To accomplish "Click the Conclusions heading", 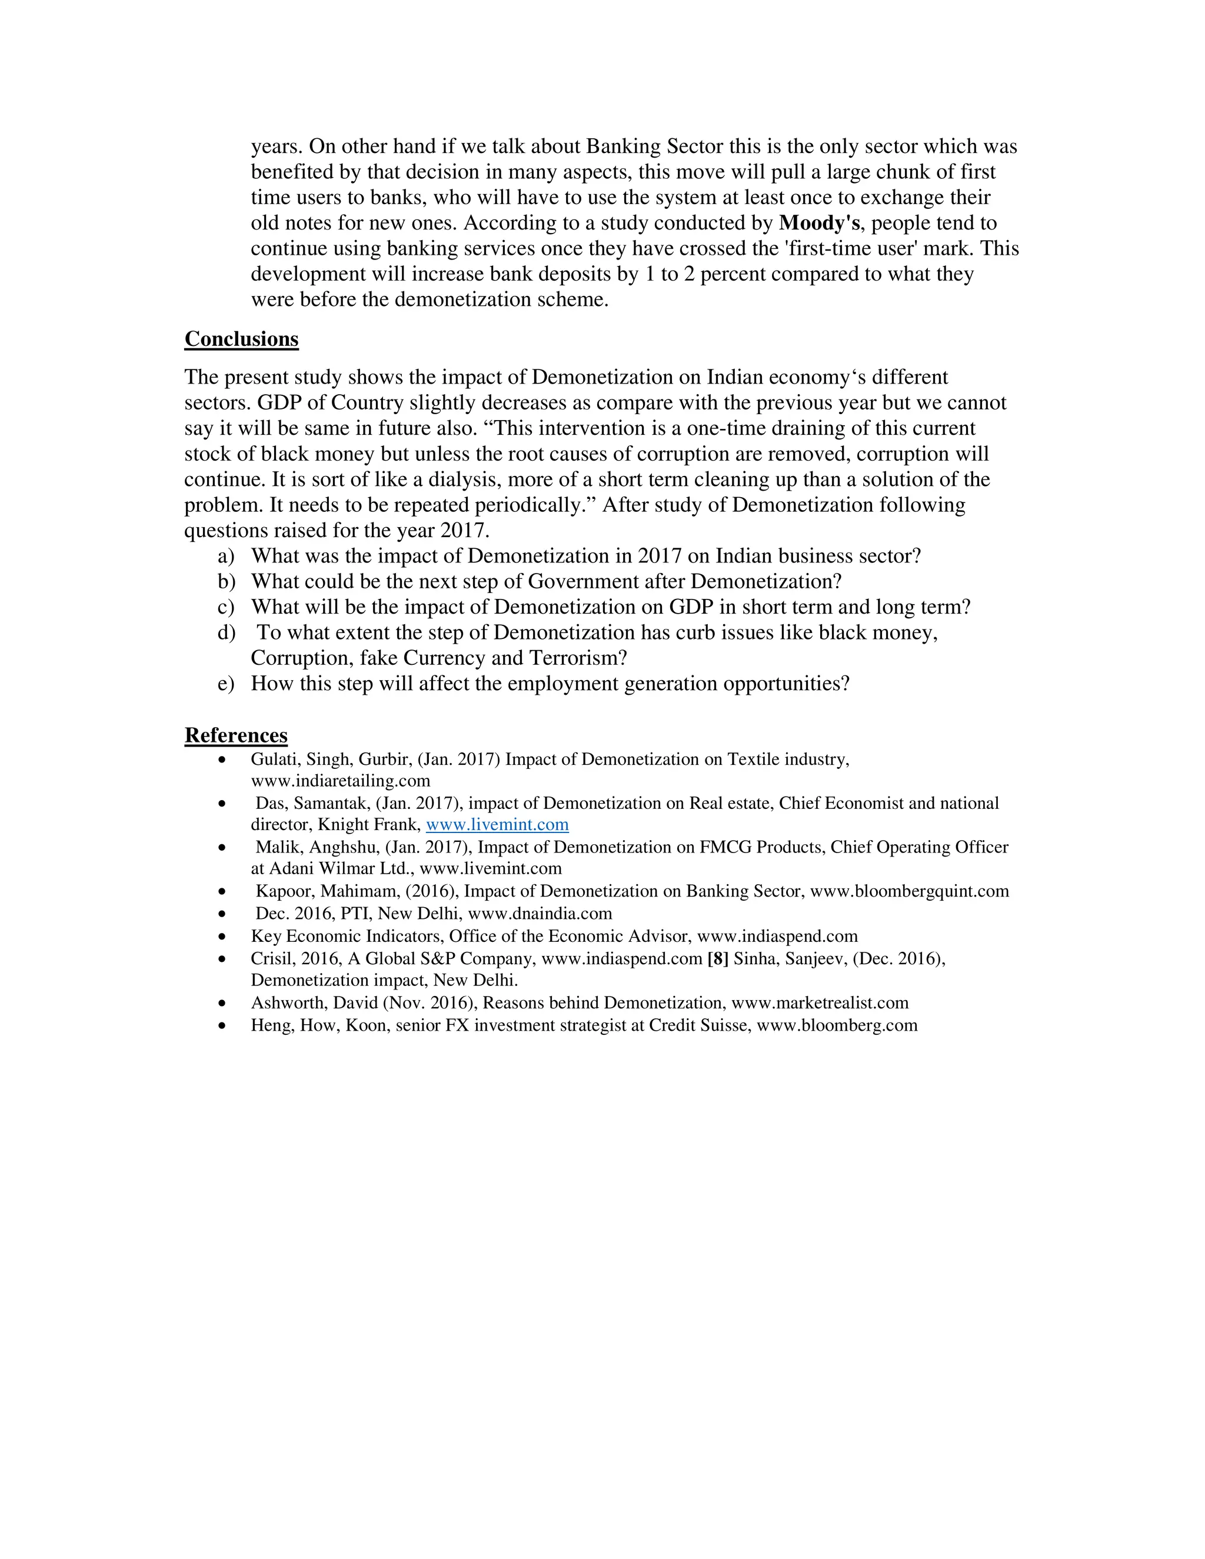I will point(241,339).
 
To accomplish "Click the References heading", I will point(235,735).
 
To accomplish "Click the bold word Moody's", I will point(820,224).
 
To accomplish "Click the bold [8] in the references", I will point(717,959).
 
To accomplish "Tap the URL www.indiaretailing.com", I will point(341,781).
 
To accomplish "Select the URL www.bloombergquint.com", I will point(910,891).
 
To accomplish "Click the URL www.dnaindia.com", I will point(540,914).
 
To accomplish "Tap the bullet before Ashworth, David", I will point(224,1004).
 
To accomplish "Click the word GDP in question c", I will point(689,608).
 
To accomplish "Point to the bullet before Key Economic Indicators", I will point(224,937).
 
